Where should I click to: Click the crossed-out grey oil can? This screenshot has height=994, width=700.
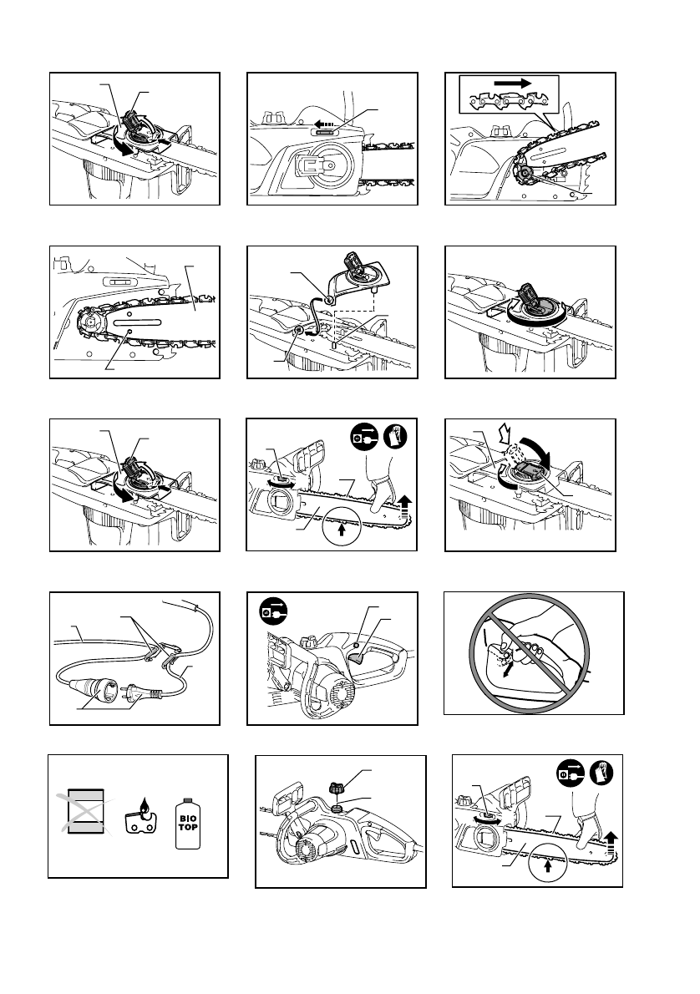click(x=85, y=811)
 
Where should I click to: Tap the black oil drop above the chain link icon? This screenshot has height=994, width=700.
click(x=145, y=806)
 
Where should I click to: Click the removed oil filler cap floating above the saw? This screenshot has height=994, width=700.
click(x=337, y=789)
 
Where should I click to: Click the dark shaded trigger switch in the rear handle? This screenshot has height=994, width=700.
click(x=361, y=660)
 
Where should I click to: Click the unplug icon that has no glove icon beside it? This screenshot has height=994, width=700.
click(x=273, y=612)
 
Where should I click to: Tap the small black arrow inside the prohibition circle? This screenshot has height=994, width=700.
click(x=506, y=671)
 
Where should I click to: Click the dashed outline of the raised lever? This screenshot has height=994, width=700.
click(x=514, y=453)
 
